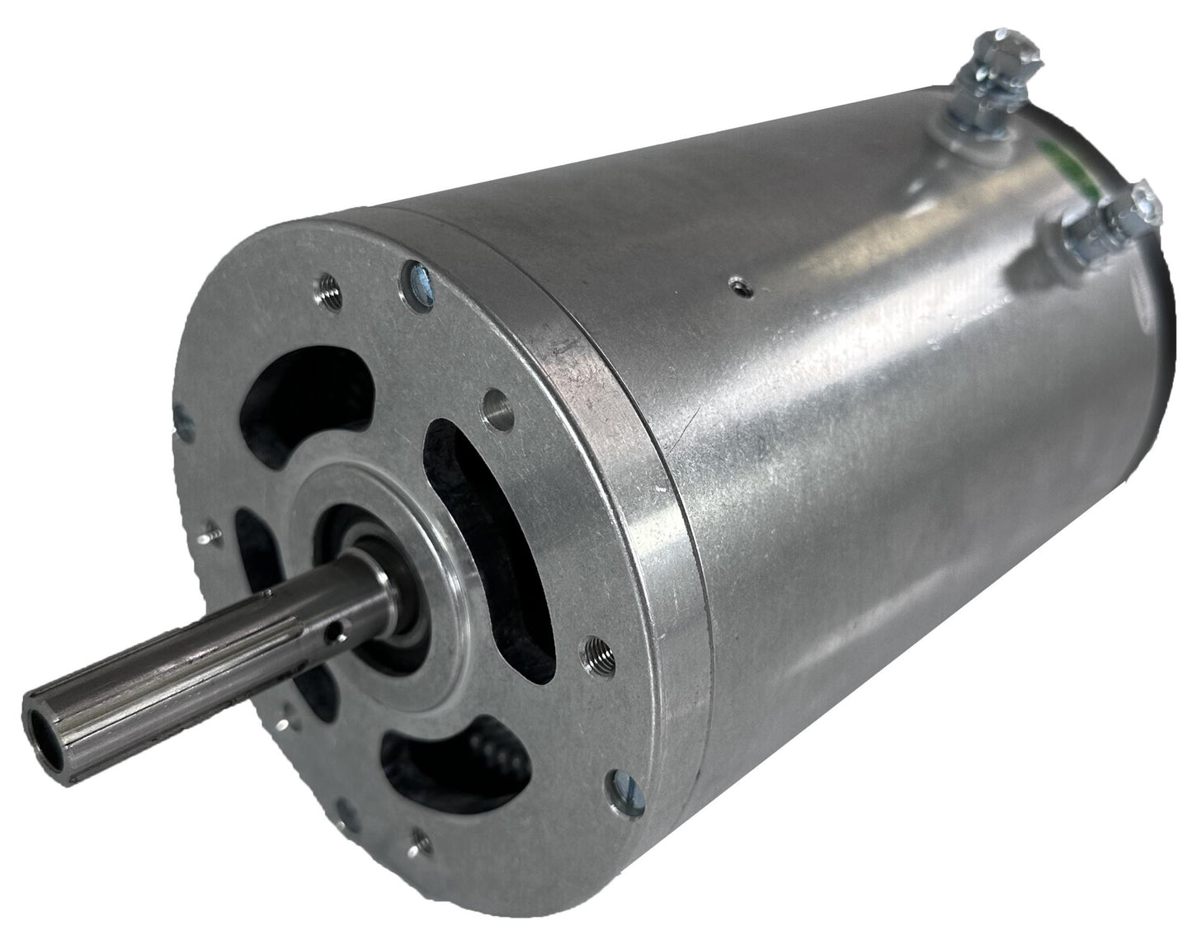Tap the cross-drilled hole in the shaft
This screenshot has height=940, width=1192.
332,635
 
